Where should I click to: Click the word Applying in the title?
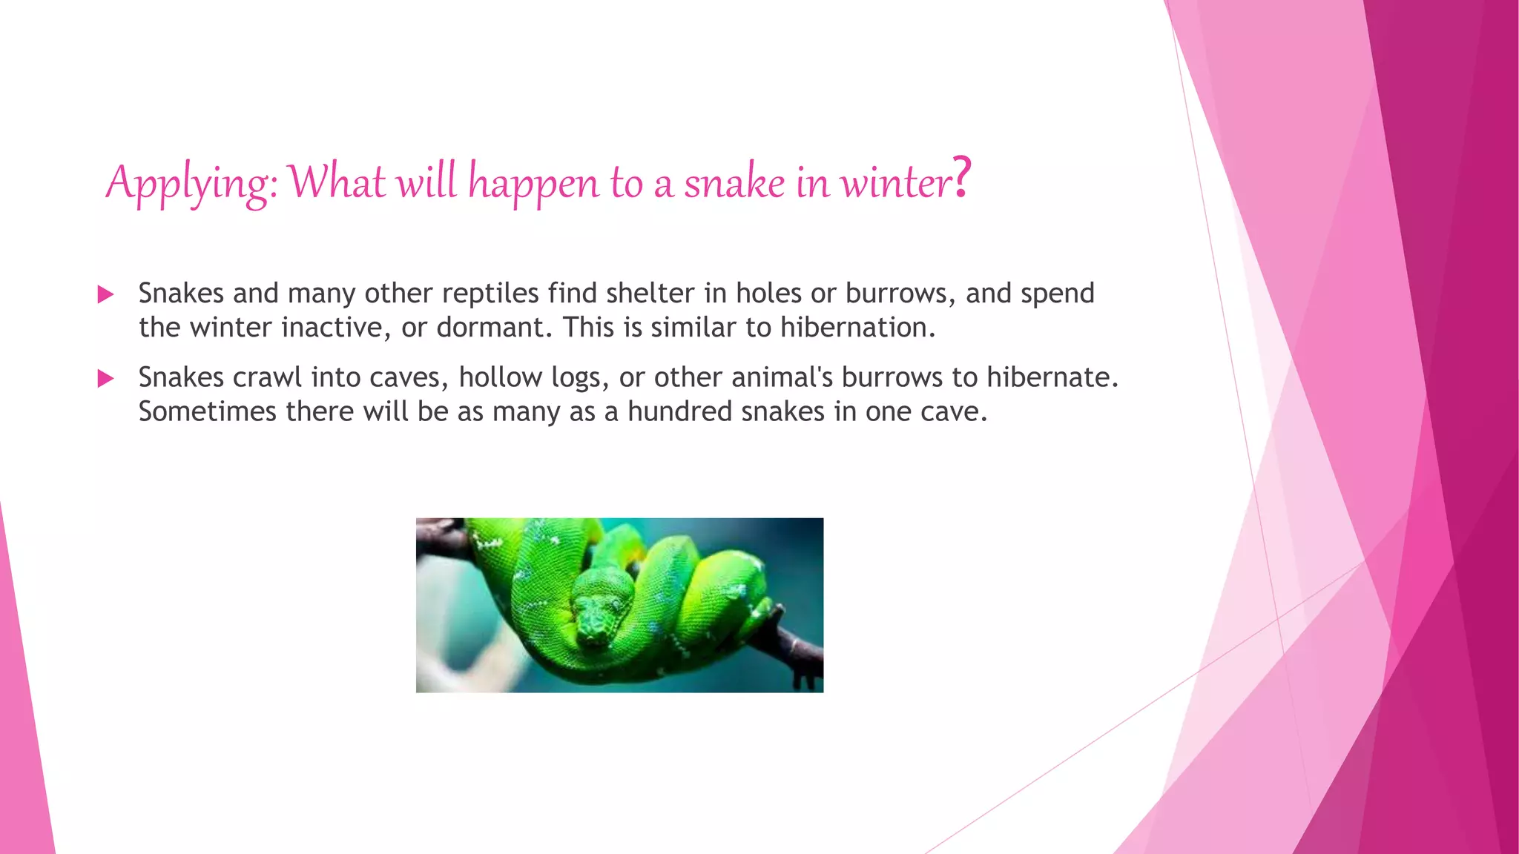pyautogui.click(x=189, y=182)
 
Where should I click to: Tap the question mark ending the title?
pyautogui.click(x=961, y=178)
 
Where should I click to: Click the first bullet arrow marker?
pyautogui.click(x=105, y=294)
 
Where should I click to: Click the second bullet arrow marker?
pyautogui.click(x=105, y=379)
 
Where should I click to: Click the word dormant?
pyautogui.click(x=494, y=328)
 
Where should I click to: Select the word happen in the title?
pyautogui.click(x=533, y=184)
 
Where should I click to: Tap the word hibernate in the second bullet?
pyautogui.click(x=1052, y=378)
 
